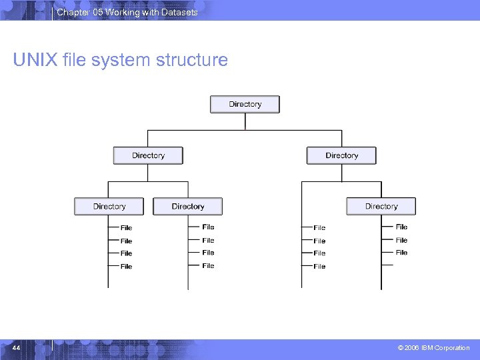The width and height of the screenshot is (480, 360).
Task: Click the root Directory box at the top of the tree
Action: pyautogui.click(x=245, y=104)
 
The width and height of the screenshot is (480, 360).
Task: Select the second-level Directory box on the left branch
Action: pyautogui.click(x=148, y=155)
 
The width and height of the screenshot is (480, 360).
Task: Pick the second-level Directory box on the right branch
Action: pyautogui.click(x=341, y=155)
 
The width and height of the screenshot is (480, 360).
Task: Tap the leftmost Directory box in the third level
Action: pyautogui.click(x=109, y=207)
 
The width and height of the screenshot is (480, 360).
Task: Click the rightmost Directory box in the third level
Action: pyautogui.click(x=381, y=207)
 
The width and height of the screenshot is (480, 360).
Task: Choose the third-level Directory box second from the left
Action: pyautogui.click(x=187, y=207)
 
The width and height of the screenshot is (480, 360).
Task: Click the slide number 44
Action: pyautogui.click(x=17, y=347)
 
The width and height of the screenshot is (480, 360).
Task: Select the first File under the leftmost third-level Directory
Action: pyautogui.click(x=126, y=228)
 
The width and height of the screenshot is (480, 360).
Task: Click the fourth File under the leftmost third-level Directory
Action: pyautogui.click(x=126, y=267)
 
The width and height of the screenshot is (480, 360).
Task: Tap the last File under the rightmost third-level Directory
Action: pyautogui.click(x=401, y=253)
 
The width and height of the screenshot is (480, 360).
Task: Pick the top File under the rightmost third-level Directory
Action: pyautogui.click(x=401, y=227)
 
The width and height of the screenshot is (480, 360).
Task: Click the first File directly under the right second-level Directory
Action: pyautogui.click(x=319, y=228)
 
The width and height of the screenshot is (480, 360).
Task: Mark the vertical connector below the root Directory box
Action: pyautogui.click(x=245, y=121)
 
